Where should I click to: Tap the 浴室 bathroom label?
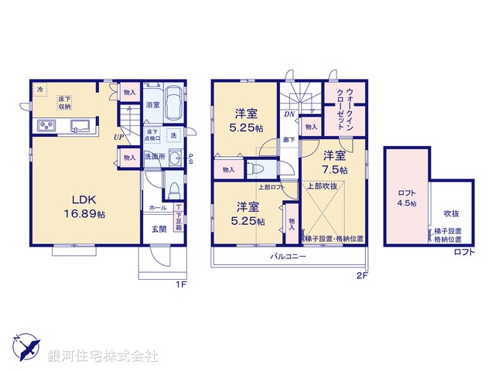pyautogui.click(x=153, y=104)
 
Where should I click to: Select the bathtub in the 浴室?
pyautogui.click(x=173, y=104)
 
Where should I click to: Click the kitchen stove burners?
pyautogui.click(x=45, y=126)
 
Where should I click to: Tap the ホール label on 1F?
pyautogui.click(x=157, y=208)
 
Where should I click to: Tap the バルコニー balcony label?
pyautogui.click(x=285, y=256)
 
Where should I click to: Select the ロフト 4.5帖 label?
pyautogui.click(x=407, y=199)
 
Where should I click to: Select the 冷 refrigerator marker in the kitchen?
pyautogui.click(x=40, y=90)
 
